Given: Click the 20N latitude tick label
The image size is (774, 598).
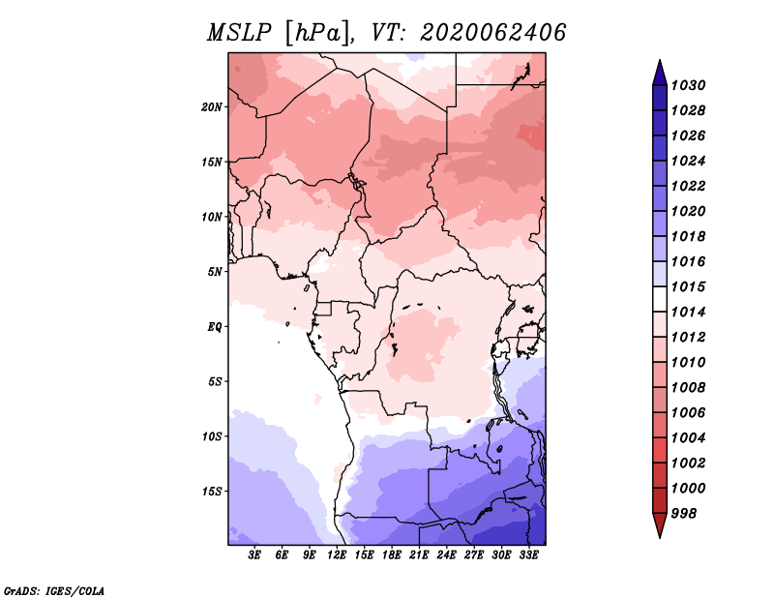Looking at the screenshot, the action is [212, 107].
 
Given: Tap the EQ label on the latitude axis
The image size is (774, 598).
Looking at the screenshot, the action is [215, 327].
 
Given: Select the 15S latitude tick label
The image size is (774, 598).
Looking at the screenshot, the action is [212, 492].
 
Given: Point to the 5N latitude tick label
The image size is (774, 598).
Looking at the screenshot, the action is [215, 272].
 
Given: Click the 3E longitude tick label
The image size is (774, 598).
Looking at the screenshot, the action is [254, 555].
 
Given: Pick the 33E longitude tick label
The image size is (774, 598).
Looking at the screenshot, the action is [528, 555].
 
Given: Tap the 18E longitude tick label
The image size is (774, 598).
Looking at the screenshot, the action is [392, 555].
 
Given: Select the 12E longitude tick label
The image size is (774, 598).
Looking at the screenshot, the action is [337, 555].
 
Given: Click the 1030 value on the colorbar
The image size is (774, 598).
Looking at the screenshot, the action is [689, 85].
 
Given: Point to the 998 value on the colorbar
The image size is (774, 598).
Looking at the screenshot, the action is [684, 514].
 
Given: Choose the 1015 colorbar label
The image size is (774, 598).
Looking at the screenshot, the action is [689, 286].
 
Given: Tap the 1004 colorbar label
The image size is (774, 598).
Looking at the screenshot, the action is [689, 438].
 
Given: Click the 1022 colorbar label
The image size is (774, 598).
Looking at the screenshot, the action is [689, 186].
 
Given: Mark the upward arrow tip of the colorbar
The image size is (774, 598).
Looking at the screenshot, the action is [660, 60].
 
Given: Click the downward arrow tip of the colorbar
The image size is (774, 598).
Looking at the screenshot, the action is [660, 537].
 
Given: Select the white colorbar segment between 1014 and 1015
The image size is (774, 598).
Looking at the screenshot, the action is [660, 299].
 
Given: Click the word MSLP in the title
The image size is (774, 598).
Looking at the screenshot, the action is [239, 33].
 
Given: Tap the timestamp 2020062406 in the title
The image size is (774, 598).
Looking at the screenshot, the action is [492, 33].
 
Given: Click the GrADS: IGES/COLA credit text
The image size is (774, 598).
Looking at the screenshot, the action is [54, 591].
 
